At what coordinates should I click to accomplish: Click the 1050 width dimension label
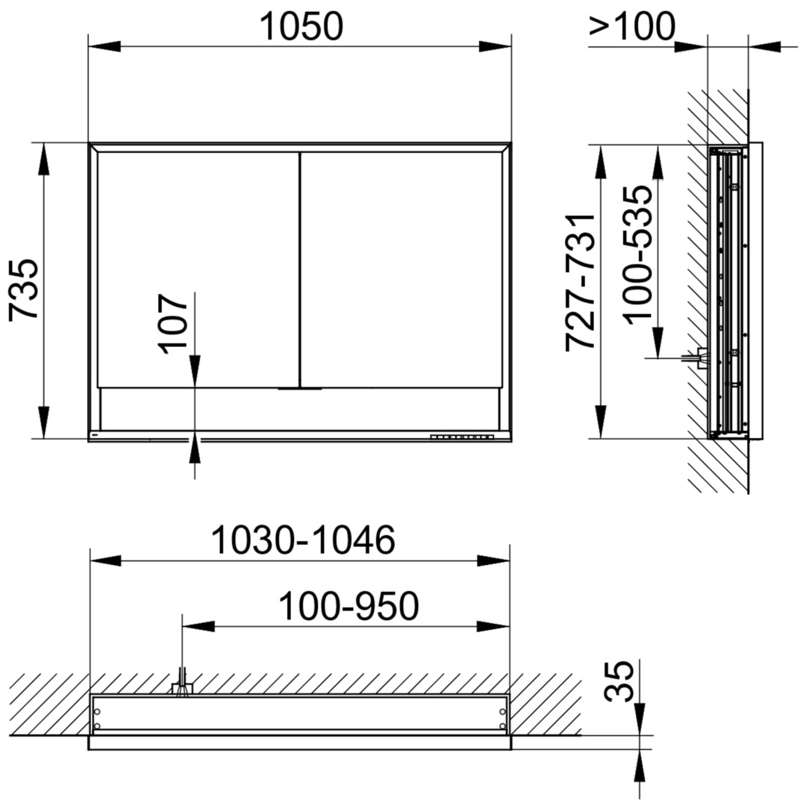(302, 26)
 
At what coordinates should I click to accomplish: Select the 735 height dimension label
(24, 290)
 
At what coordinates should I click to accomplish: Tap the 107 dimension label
(172, 324)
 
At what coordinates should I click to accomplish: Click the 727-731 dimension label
(580, 282)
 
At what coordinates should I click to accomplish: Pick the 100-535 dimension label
(638, 254)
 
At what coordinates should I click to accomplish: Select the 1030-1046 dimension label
(303, 540)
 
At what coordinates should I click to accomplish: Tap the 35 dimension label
(619, 681)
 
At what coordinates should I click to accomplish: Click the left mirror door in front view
(198, 269)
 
